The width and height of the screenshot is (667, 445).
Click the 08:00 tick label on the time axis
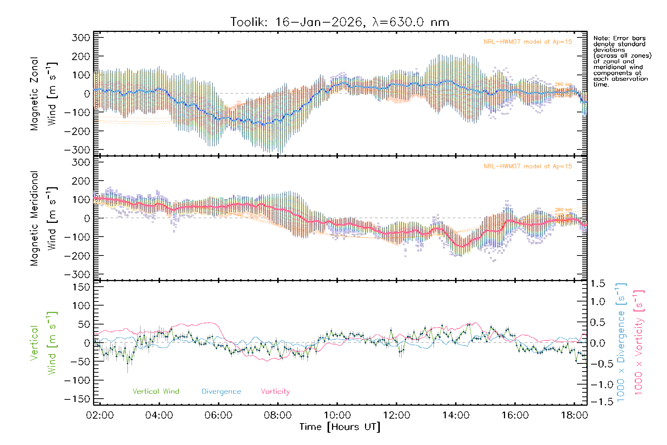pyautogui.click(x=278, y=415)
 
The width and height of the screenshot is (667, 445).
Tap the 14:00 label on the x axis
pyautogui.click(x=456, y=415)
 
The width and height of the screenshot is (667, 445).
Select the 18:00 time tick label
pyautogui.click(x=574, y=415)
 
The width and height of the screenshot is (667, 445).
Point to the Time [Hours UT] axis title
pyautogui.click(x=340, y=427)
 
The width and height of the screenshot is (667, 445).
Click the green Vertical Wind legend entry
pyautogui.click(x=156, y=392)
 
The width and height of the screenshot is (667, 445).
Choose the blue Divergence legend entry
pyautogui.click(x=221, y=392)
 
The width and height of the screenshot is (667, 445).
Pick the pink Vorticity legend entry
pyautogui.click(x=275, y=392)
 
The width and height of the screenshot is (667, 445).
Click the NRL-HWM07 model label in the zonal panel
pyautogui.click(x=528, y=42)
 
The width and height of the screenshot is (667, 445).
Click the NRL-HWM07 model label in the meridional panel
pyautogui.click(x=528, y=167)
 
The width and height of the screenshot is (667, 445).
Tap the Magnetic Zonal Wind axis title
pyautogui.click(x=43, y=94)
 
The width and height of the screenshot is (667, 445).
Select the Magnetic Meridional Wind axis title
pyautogui.click(x=43, y=218)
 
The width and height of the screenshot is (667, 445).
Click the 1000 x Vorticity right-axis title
pyautogui.click(x=638, y=342)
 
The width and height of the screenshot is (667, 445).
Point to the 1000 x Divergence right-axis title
pyautogui.click(x=621, y=342)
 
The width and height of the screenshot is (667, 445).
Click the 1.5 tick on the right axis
pyautogui.click(x=598, y=284)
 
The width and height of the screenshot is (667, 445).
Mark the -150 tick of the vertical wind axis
pyautogui.click(x=77, y=399)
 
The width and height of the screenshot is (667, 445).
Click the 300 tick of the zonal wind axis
pyautogui.click(x=81, y=37)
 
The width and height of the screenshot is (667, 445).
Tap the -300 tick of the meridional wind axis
pyautogui.click(x=77, y=274)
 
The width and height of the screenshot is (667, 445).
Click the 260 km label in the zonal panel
pyautogui.click(x=563, y=85)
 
